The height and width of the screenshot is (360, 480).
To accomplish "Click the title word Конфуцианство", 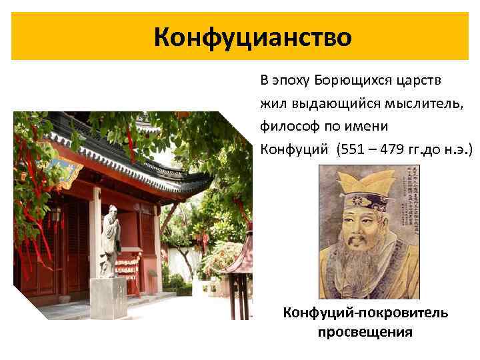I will tap(252, 37).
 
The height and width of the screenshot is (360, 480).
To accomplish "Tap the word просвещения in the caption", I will tap(365, 331).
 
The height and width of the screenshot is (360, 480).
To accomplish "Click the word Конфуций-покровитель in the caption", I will tap(365, 313).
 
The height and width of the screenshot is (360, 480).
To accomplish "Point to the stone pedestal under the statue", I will tap(108, 297).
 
